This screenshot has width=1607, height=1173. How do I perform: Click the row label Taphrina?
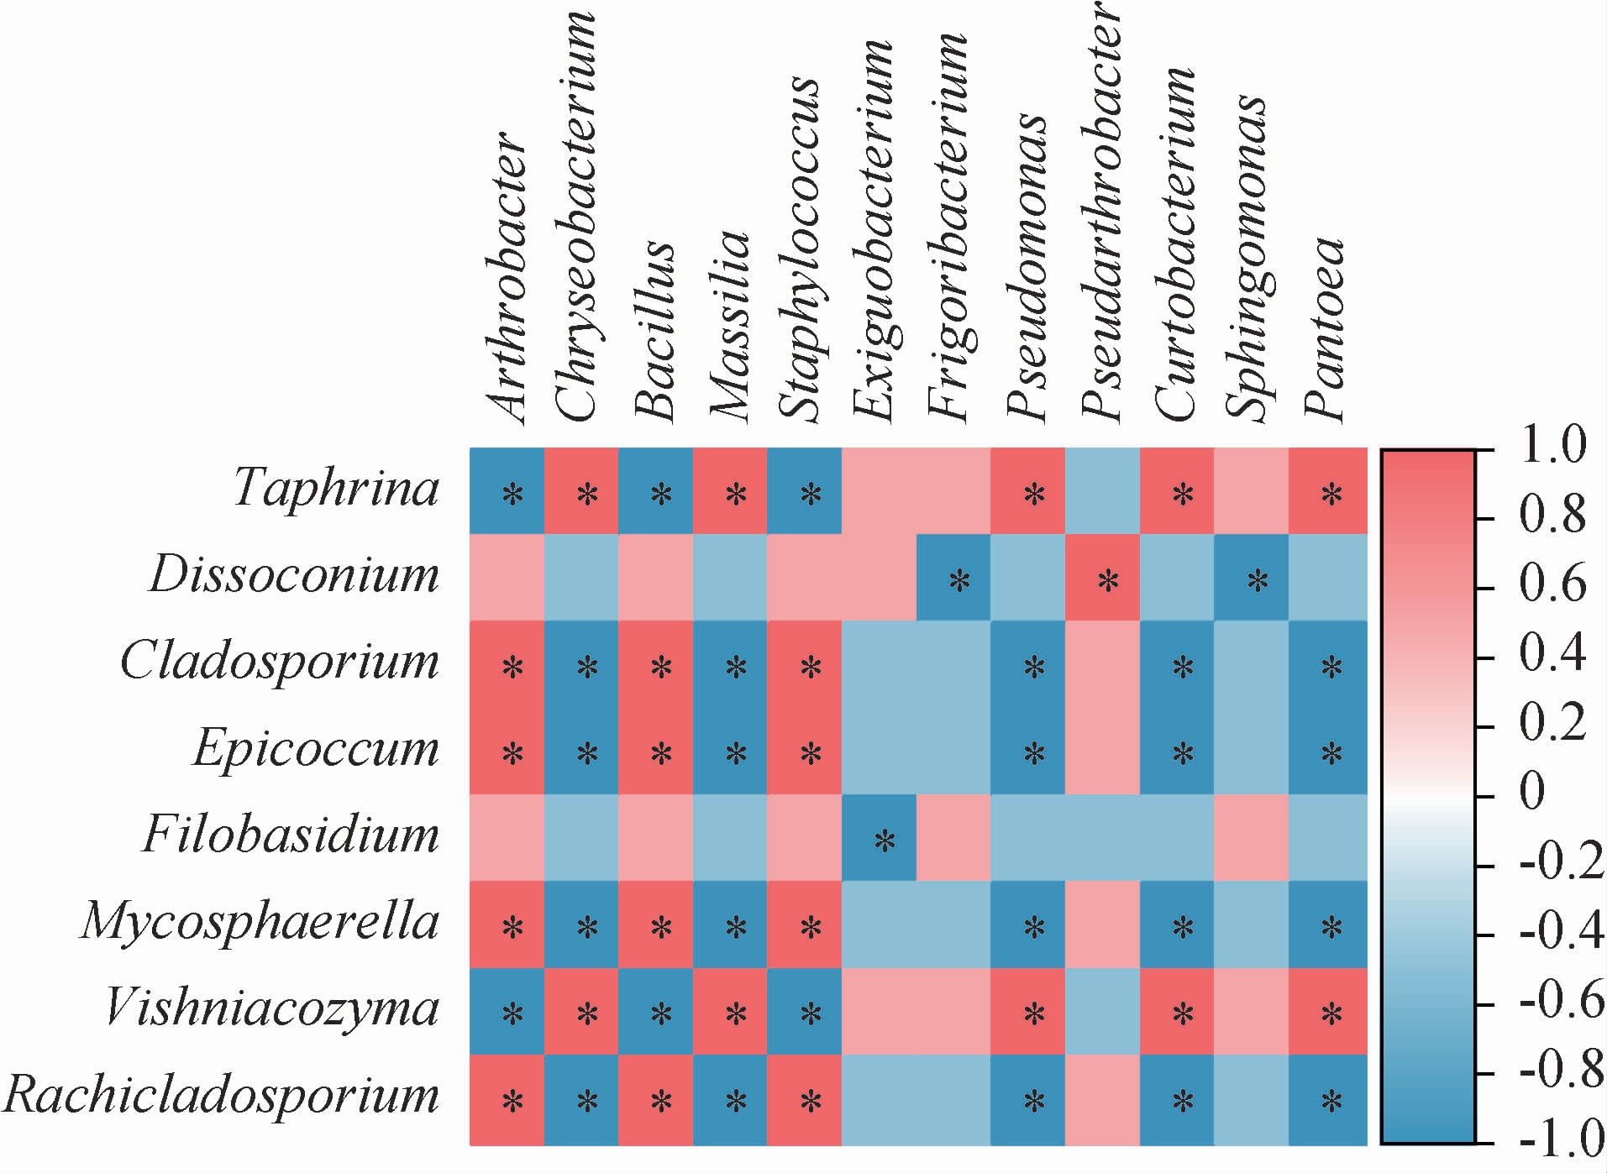point(336,487)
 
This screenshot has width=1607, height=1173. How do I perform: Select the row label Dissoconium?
point(295,575)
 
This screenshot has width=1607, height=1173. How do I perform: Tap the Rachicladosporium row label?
point(222,1095)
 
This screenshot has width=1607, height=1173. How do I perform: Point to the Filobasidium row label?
point(291,835)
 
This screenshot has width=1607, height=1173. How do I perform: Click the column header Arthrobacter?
point(507,277)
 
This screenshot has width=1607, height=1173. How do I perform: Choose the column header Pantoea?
point(1325,327)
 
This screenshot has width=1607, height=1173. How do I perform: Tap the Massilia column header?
point(728,323)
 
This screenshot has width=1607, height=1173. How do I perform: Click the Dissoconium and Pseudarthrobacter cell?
point(1102,578)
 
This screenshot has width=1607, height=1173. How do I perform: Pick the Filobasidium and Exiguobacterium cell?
point(879,838)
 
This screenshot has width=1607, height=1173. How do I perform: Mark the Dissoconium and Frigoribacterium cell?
point(953,578)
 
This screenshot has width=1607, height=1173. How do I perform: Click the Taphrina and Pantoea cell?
point(1327,491)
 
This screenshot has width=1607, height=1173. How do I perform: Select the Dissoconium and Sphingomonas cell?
point(1252,578)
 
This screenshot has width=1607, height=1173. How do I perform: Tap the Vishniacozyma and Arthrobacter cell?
point(507,1012)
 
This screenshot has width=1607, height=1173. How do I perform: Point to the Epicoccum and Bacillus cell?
point(656,751)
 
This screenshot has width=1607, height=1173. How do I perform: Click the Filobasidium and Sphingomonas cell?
point(1252,838)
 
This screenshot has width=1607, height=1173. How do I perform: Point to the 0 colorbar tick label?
point(1533,792)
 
